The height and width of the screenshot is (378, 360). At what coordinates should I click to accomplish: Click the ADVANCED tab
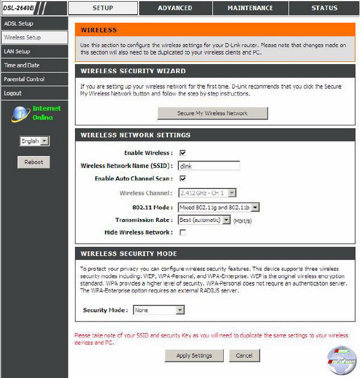pos(175,8)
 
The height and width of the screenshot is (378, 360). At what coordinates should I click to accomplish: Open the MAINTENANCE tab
pos(250,8)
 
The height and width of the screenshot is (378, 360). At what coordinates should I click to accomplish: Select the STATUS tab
pos(325,8)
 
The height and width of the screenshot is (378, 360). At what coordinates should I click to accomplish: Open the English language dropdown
pos(34,141)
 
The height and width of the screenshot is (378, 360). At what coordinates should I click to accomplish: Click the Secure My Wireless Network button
pos(212,113)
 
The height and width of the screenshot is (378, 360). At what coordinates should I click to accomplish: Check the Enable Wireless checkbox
pos(182,153)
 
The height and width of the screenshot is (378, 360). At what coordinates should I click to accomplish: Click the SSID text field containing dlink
pos(209,166)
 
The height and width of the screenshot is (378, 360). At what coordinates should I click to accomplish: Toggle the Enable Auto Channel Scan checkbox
pos(182,179)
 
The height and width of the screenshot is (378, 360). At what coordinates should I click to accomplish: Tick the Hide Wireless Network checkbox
pos(182,232)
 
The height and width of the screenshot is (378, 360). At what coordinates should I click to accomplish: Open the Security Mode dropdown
pos(158,310)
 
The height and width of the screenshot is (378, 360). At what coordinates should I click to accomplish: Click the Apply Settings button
pos(194,356)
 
